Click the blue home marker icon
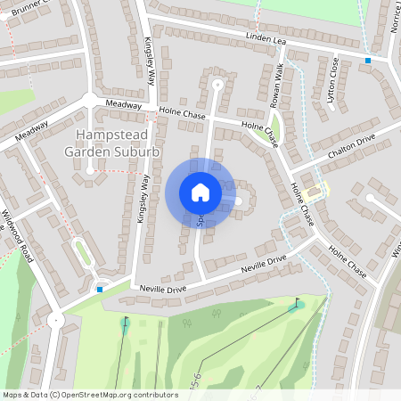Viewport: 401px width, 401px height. pyautogui.click(x=200, y=192)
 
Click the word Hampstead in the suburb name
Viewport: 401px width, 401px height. pyautogui.click(x=117, y=135)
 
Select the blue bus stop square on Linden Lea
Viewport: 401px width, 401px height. pyautogui.click(x=367, y=61)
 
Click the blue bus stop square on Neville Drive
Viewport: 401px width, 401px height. pyautogui.click(x=101, y=289)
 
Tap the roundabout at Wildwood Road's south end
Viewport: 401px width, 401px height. pyautogui.click(x=56, y=320)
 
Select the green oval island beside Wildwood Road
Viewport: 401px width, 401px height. pyautogui.click(x=83, y=251)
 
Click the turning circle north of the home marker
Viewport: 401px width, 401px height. pyautogui.click(x=217, y=85)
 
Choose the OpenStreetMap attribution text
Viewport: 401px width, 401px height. pyautogui.click(x=90, y=394)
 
